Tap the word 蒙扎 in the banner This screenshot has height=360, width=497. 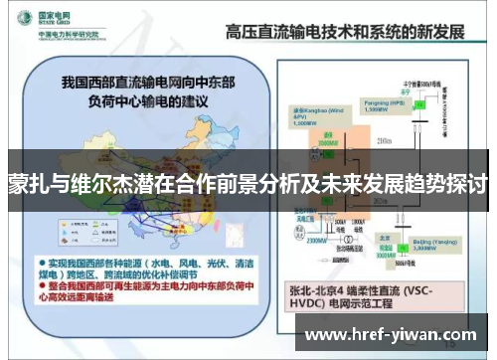pyautogui.click(x=29, y=185)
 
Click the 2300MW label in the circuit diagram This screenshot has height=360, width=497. pyautogui.click(x=314, y=241)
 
